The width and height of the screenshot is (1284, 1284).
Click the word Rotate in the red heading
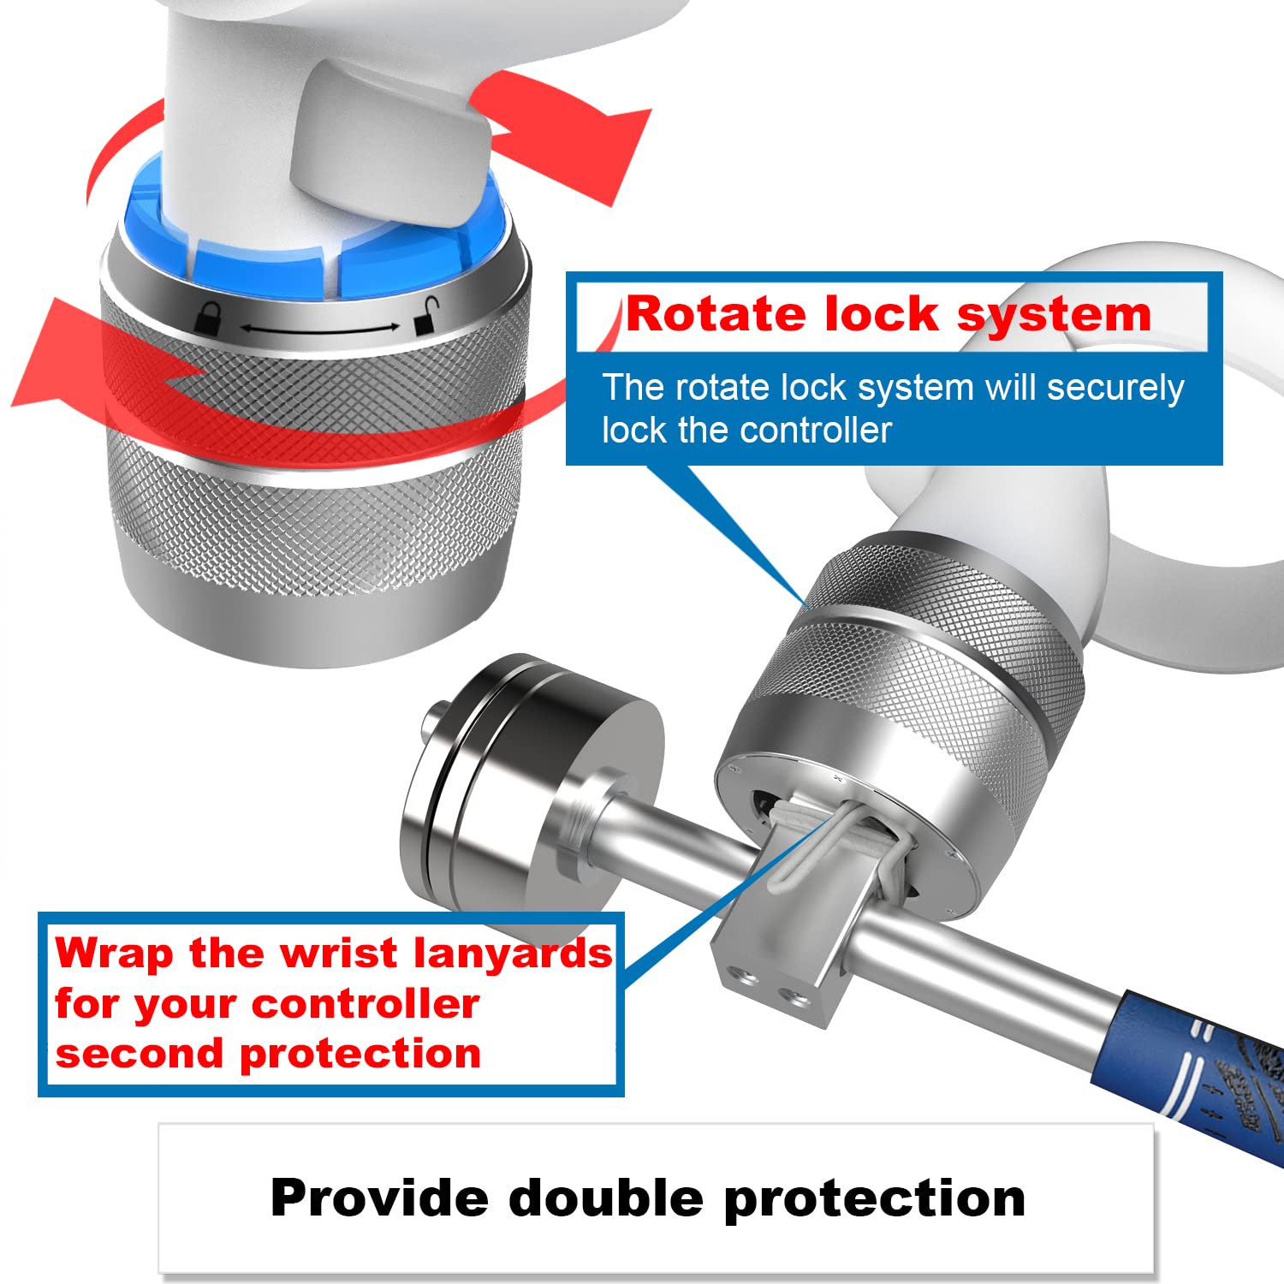pyautogui.click(x=717, y=313)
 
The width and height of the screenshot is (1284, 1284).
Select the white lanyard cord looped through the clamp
pyautogui.click(x=839, y=843)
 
